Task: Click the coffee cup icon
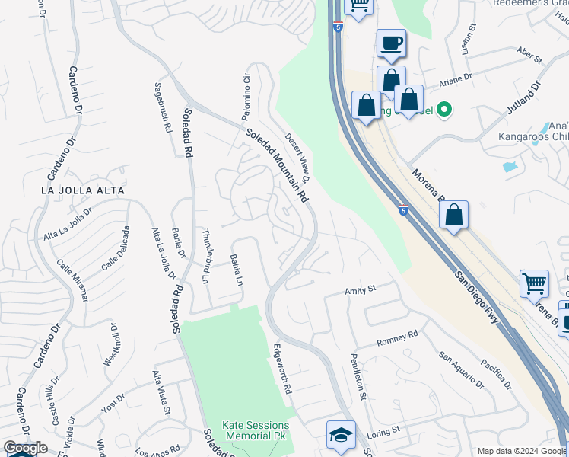click(x=391, y=43)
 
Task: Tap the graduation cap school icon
click(x=341, y=435)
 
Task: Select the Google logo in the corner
click(x=25, y=448)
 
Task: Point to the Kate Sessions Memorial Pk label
click(x=256, y=431)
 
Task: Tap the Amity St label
click(x=361, y=289)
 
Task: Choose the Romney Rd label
click(x=398, y=338)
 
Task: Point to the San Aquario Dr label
click(x=462, y=370)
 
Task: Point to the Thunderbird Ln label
click(x=205, y=254)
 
